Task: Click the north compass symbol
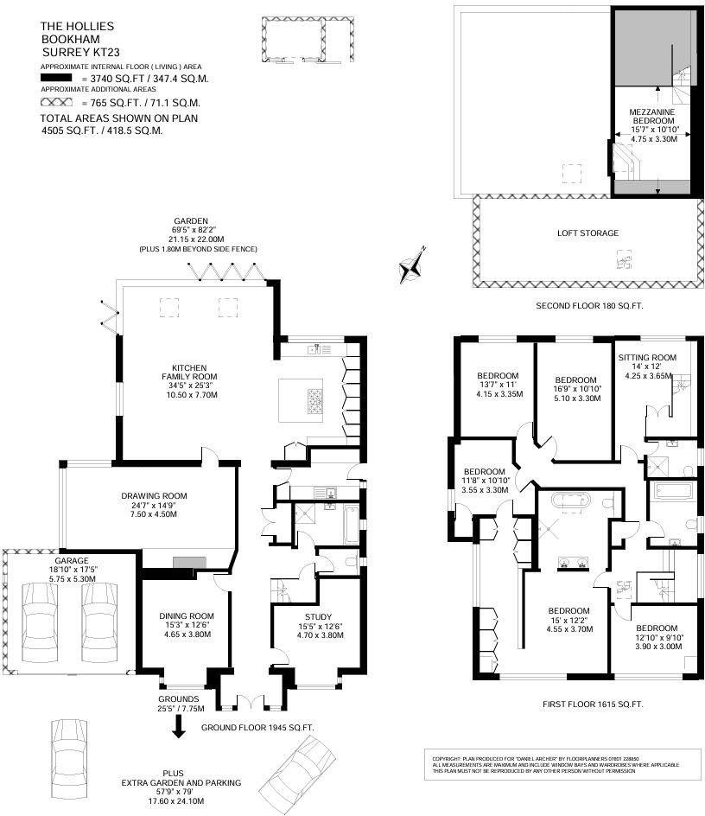coord(412,265)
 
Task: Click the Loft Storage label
coord(587,233)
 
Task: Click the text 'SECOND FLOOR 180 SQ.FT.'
coord(589,306)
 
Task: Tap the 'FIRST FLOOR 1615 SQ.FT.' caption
coord(593,704)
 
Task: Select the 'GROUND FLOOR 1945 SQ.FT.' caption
coord(257,728)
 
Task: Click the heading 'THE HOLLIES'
coord(77,27)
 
